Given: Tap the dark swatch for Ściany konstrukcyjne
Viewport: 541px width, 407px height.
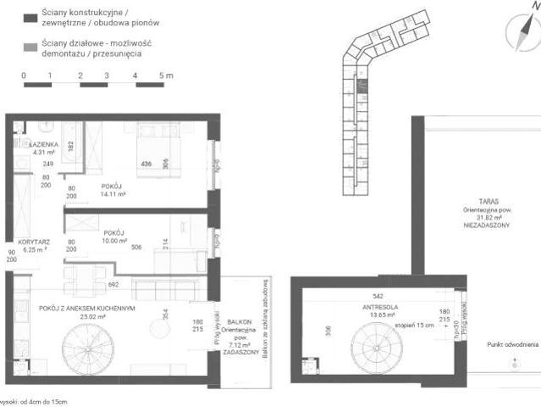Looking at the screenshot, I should click(x=30, y=18).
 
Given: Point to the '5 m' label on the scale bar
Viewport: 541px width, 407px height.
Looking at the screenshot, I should click(x=165, y=76).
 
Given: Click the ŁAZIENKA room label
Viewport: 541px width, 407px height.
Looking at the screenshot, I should click(x=43, y=145).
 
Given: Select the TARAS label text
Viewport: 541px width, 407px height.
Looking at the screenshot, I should click(x=486, y=201).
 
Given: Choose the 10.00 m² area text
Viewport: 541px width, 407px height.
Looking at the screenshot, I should click(x=110, y=241).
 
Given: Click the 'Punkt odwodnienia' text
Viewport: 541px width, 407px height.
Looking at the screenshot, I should click(x=513, y=345).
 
